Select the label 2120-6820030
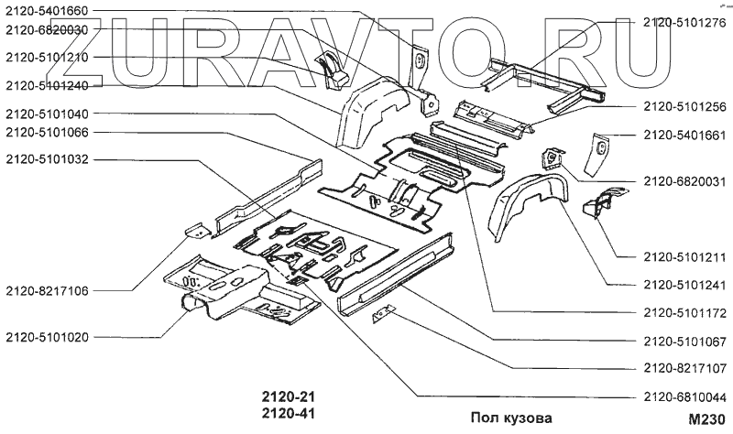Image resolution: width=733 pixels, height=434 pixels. coord(47,30)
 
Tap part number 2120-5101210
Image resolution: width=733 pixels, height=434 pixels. coord(47,58)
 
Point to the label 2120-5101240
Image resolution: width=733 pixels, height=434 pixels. coord(47,85)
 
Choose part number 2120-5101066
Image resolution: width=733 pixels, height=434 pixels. coord(47,133)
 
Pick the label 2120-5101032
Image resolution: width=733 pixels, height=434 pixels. coord(47,158)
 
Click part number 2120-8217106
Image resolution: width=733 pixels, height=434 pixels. coord(47,290)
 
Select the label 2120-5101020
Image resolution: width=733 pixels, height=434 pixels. coord(47,337)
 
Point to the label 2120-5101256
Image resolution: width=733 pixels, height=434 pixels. coord(684,106)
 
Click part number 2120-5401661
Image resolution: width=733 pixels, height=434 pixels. coord(684,135)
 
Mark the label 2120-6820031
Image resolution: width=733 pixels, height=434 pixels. coord(684,181)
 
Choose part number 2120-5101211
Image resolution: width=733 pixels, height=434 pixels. coord(684,255)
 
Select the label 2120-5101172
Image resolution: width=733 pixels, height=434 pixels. coord(684,312)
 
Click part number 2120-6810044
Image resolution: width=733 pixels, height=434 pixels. coord(684,396)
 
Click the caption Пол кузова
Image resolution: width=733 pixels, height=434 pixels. coord(511,418)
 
